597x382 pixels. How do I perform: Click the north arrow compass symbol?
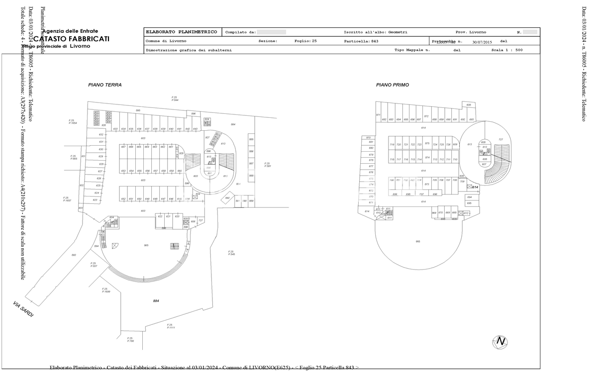coord(500,342)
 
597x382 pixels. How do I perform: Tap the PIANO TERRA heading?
coord(105,85)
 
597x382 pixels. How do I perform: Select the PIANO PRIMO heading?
coord(393,85)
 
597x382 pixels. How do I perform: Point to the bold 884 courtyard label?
coord(156,301)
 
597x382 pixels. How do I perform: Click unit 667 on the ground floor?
coord(123,147)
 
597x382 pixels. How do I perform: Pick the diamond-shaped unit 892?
coord(227,198)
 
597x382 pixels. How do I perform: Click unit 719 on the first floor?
coord(392,145)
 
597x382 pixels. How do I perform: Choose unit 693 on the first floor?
coord(471,120)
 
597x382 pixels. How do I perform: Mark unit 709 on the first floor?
coord(462,182)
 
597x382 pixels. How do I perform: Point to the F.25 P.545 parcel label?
coord(231,253)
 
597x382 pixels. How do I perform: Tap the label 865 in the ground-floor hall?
coord(146,246)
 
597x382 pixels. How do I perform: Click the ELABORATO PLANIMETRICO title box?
coord(182,32)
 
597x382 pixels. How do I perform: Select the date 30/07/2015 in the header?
coord(482,42)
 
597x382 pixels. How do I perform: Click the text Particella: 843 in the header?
coord(361,41)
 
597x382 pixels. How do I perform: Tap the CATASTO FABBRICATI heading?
coord(72,39)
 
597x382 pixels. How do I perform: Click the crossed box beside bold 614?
coord(469,187)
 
